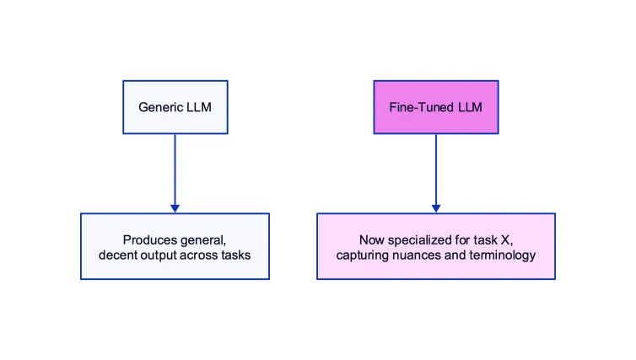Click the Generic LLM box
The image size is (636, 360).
point(175,107)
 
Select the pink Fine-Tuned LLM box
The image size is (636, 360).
point(436,107)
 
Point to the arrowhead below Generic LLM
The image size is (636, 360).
point(175,207)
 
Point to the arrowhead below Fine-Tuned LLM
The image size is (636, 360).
point(436,207)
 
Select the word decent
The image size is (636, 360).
point(118,255)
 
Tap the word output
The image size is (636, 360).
point(159,255)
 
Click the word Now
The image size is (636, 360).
point(372,239)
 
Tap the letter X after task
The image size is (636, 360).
point(504,239)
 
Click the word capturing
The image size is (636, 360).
point(362,255)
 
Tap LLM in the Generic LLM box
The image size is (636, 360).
point(197,107)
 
